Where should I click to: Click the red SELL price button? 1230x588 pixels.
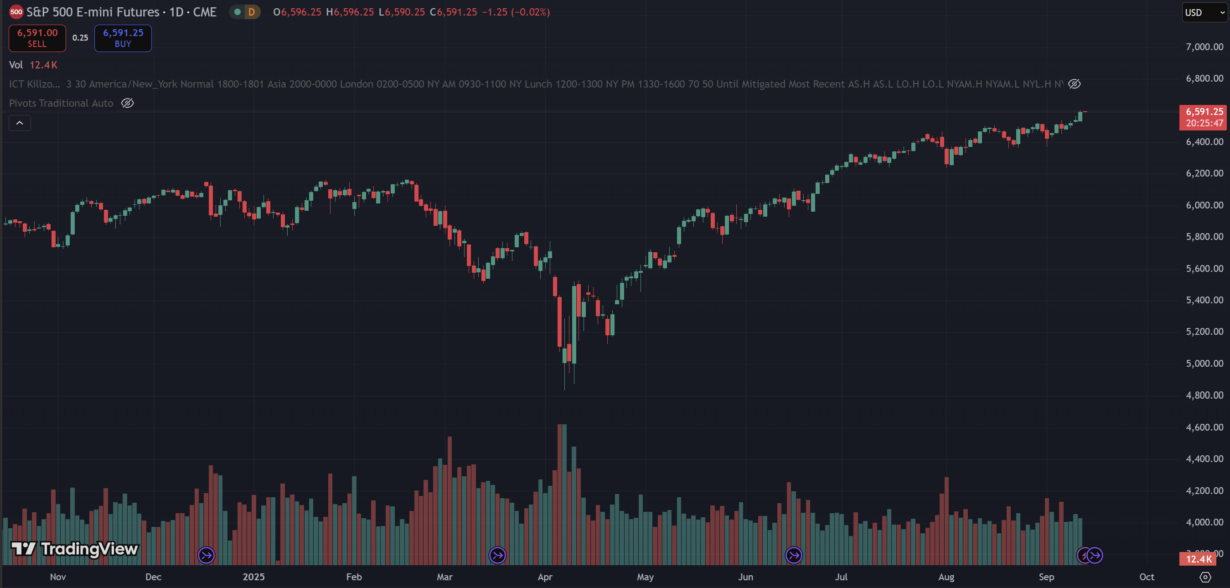coord(37,38)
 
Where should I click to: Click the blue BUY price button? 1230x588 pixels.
coord(123,38)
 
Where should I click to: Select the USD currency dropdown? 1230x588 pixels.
coord(1203,12)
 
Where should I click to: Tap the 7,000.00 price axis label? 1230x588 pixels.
coord(1204,47)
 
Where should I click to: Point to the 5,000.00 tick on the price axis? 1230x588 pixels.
coord(1204,364)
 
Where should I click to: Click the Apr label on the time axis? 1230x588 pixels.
coord(545,577)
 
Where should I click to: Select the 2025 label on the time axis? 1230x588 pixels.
coord(253,577)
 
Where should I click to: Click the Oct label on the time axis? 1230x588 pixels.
coord(1147,577)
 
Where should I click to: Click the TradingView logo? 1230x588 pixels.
coord(74,549)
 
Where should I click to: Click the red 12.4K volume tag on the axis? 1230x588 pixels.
coord(1198,559)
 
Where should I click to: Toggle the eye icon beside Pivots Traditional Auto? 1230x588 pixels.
coord(128,103)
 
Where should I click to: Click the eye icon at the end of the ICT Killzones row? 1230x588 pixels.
coord(1075,84)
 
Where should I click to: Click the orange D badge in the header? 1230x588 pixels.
coord(251,12)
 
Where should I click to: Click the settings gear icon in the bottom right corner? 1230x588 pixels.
coord(1205,577)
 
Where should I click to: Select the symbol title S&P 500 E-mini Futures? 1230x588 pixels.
coord(93,12)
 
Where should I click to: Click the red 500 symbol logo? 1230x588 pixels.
coord(16,12)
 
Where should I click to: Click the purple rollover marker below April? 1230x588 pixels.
coord(497,556)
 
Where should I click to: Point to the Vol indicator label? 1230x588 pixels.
coord(16,65)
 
